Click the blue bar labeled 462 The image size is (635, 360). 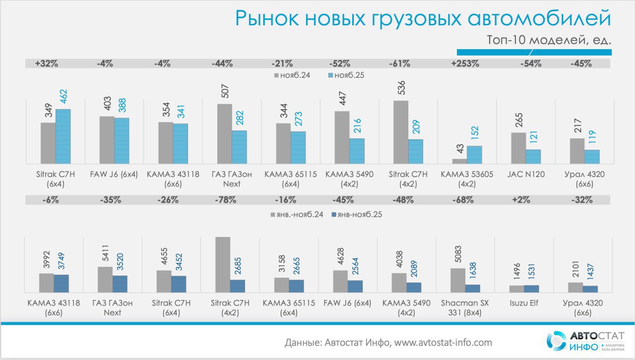[63, 136]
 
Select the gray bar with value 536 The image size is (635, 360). [401, 132]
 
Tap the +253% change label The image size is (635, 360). [465, 63]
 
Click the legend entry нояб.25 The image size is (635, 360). [350, 75]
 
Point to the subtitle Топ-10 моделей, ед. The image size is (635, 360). [548, 40]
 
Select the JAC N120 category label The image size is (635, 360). [526, 175]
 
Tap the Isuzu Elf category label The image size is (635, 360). [524, 303]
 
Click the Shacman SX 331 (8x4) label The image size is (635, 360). [465, 307]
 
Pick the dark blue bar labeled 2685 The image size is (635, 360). [238, 286]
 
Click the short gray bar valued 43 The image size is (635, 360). [459, 161]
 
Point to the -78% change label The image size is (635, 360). [225, 200]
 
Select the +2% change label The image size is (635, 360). [524, 200]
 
